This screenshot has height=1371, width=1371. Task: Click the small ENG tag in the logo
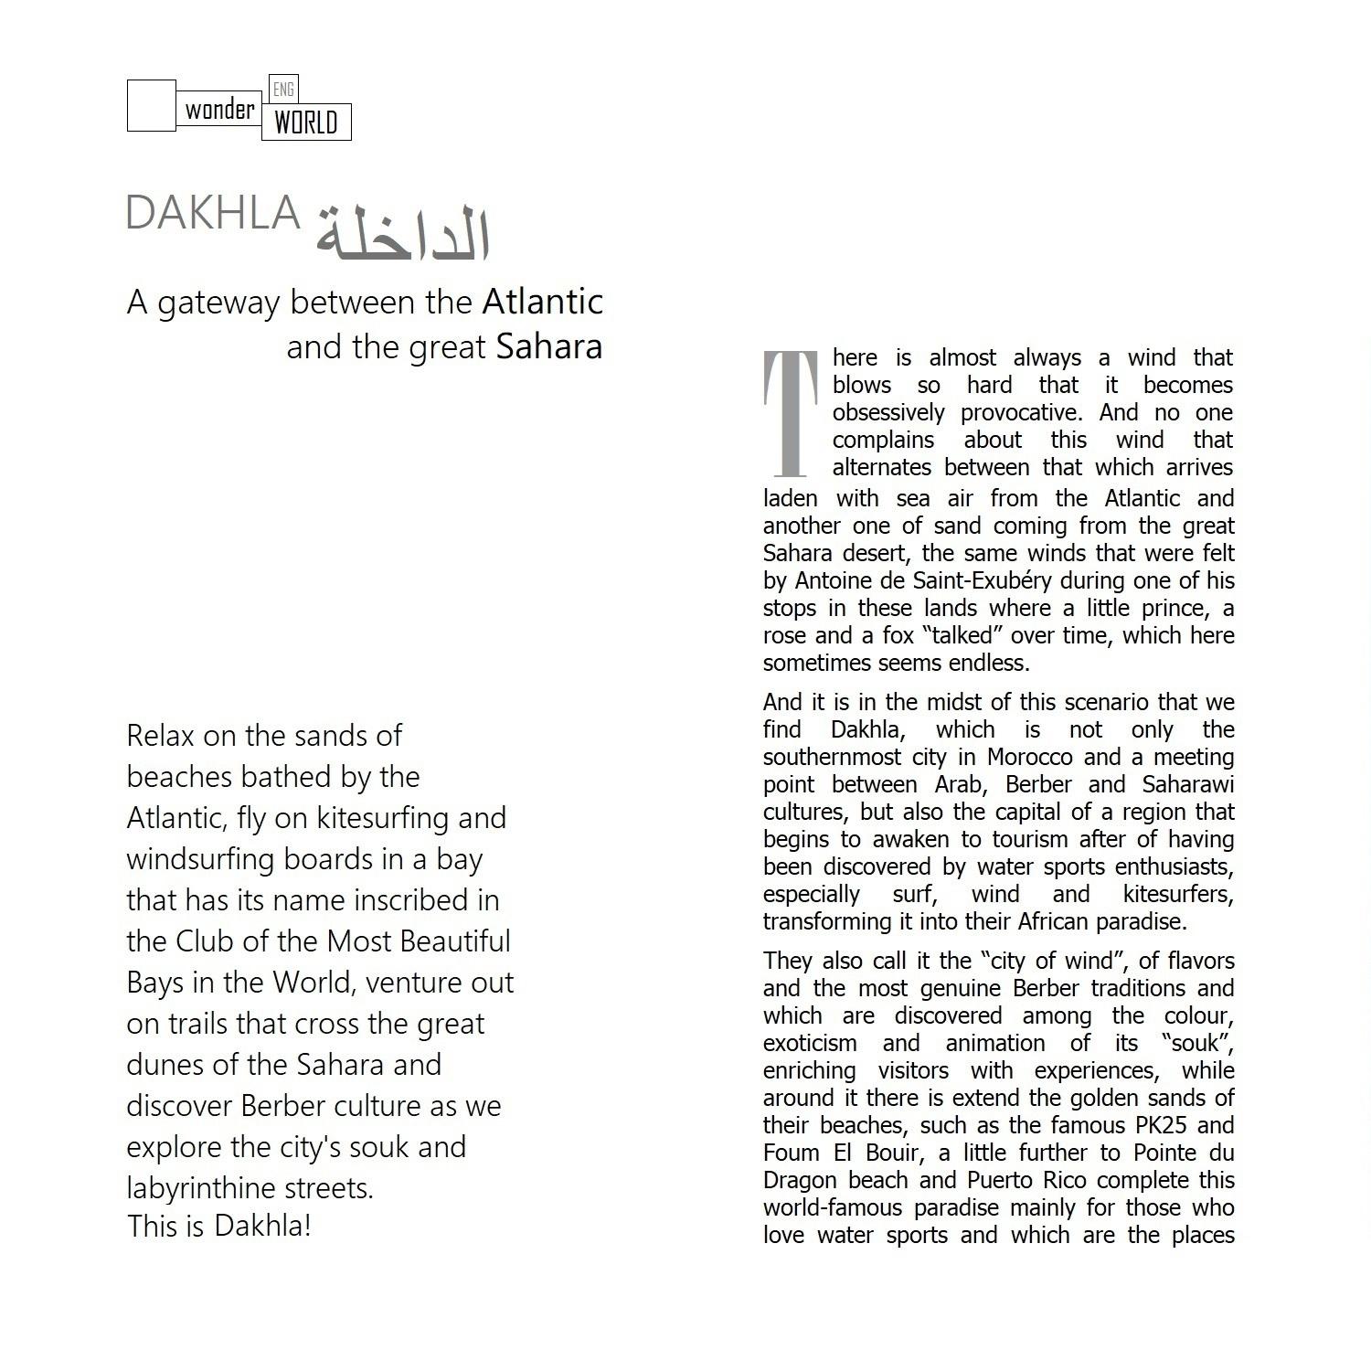click(x=284, y=89)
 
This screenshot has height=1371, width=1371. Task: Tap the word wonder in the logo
click(x=219, y=111)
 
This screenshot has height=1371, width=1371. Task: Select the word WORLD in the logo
click(x=306, y=122)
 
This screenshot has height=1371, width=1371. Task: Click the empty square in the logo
click(x=151, y=105)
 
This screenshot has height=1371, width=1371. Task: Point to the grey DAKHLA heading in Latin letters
click(x=213, y=213)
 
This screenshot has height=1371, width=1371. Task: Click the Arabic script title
click(x=403, y=234)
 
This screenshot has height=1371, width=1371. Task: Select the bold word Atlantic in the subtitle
click(x=543, y=302)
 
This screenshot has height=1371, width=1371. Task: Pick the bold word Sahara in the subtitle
click(x=549, y=346)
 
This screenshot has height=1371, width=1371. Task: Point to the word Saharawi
click(x=1188, y=784)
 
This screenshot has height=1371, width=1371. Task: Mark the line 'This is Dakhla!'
click(x=219, y=1226)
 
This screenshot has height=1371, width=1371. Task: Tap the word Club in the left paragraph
click(x=208, y=941)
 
